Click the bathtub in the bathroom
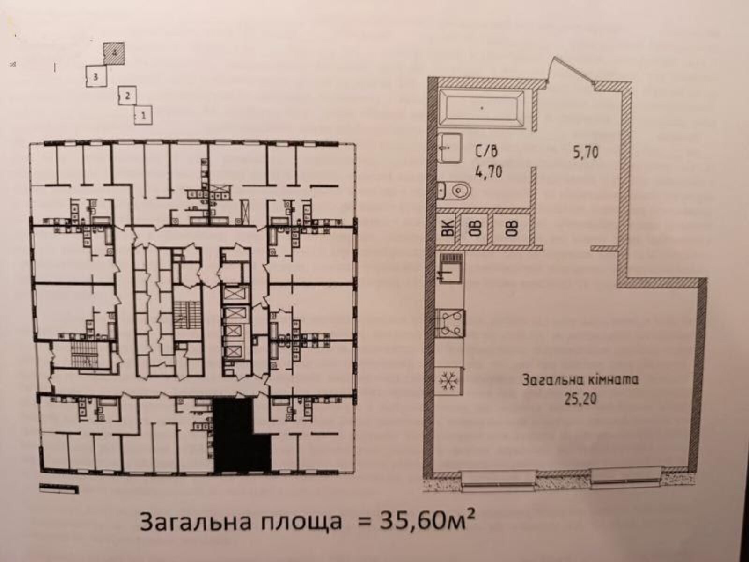(x=482, y=108)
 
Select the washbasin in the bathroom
(x=450, y=148)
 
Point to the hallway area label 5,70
(x=586, y=152)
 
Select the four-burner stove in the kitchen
(x=451, y=323)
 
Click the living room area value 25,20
(x=580, y=399)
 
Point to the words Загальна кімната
(x=580, y=380)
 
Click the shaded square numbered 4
(x=114, y=53)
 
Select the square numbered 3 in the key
(x=96, y=76)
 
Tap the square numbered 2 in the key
(x=127, y=95)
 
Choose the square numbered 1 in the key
(x=143, y=115)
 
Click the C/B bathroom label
(x=486, y=150)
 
